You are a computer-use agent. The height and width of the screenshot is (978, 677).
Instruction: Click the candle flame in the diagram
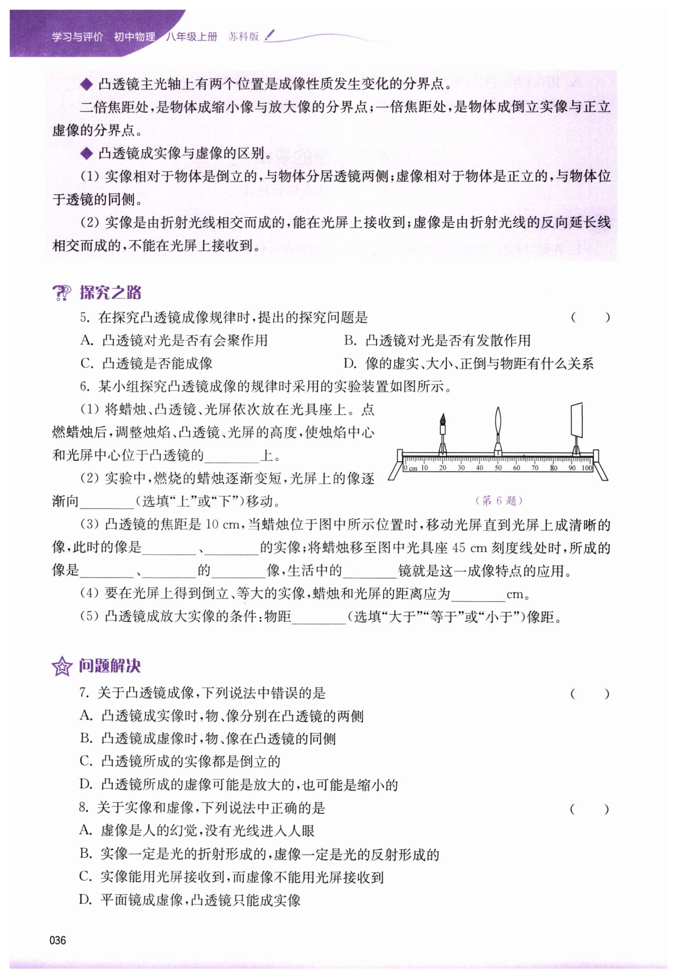443,419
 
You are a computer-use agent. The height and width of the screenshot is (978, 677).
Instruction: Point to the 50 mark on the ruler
498,468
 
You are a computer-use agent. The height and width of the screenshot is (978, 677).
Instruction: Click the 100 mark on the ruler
587,468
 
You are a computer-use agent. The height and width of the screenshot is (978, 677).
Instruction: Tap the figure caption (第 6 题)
499,500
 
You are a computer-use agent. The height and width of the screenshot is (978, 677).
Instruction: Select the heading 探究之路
110,293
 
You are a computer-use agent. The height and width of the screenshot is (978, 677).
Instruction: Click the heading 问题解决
110,666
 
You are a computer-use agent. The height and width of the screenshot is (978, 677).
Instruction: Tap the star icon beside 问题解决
62,666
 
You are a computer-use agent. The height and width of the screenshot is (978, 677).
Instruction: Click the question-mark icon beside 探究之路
62,293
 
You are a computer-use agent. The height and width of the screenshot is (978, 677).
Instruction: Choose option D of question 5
469,363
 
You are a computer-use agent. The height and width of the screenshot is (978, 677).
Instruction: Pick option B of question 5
437,340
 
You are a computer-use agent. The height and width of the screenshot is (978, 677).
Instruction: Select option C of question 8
232,877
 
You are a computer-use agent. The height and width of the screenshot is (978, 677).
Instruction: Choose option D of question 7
239,784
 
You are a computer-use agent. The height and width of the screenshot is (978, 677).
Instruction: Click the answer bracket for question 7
590,693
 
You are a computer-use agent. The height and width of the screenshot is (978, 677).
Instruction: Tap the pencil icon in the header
270,35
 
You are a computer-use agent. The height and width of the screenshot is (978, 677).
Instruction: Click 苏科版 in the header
244,37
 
